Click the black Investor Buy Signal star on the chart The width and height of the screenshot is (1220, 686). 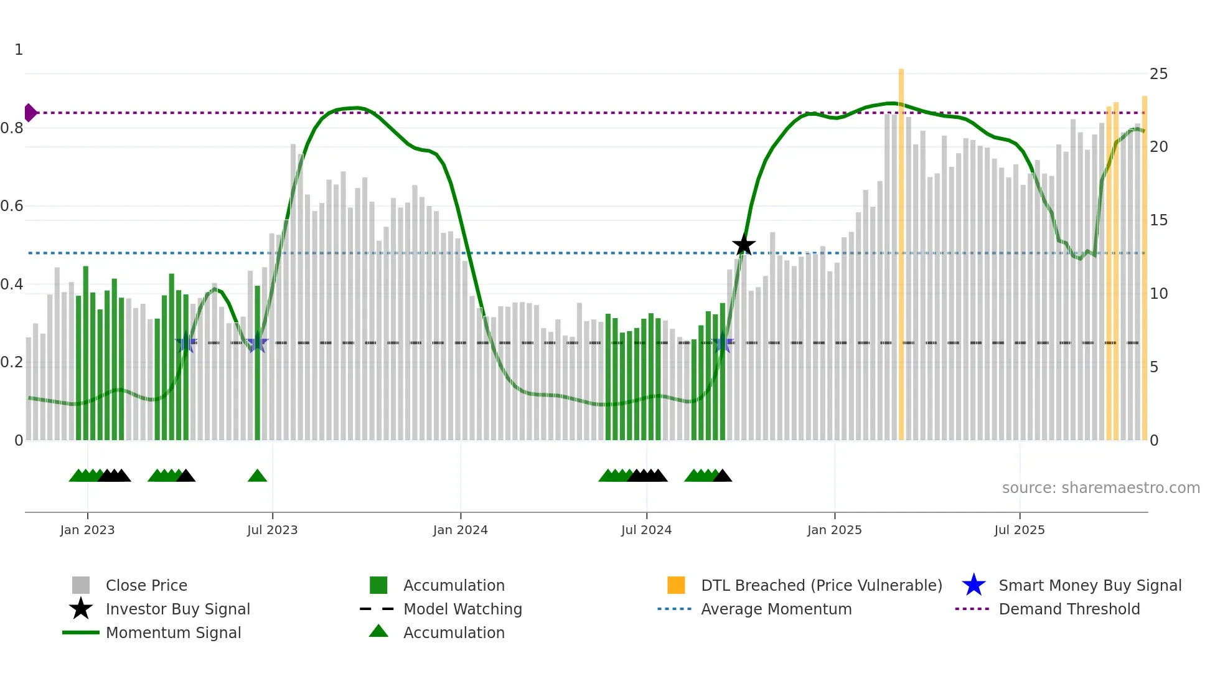(743, 245)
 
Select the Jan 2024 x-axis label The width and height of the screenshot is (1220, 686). (460, 530)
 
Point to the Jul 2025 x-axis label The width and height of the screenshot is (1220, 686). (1019, 530)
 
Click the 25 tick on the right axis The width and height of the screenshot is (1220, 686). (1158, 74)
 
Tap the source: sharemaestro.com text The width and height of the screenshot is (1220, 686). (1100, 488)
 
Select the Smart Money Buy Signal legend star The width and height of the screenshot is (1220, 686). (974, 585)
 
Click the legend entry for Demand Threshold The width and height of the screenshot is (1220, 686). (1069, 609)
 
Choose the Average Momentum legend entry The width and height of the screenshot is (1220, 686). (776, 609)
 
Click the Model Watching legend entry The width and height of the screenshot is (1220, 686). (462, 609)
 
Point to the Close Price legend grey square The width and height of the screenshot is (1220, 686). (81, 585)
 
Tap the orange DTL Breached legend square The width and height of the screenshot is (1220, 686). (676, 585)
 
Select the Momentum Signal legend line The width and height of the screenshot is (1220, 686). (81, 632)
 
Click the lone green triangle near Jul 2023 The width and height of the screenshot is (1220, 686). (257, 476)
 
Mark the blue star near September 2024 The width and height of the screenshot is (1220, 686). (723, 343)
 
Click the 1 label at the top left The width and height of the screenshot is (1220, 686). (19, 50)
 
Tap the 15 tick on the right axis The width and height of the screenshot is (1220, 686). (1158, 220)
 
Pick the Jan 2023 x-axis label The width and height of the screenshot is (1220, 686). (87, 530)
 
